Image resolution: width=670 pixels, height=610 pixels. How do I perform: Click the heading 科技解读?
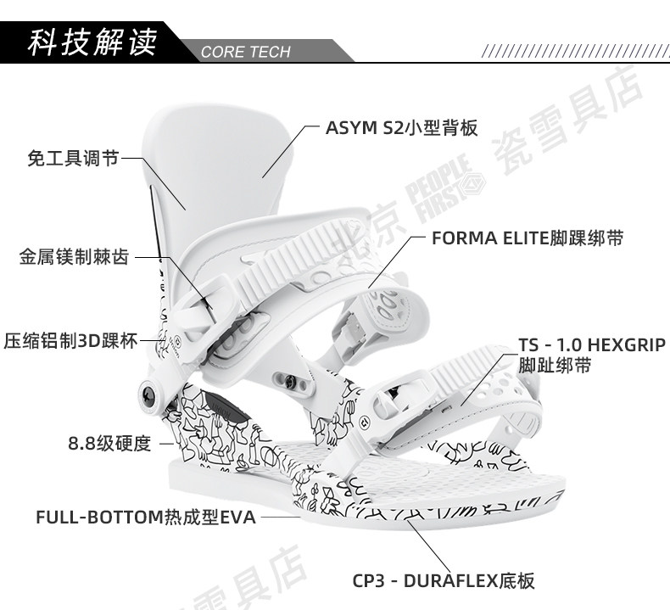92,42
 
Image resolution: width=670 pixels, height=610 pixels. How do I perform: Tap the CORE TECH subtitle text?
245,53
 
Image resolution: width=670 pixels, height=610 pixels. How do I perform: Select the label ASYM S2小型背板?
401,129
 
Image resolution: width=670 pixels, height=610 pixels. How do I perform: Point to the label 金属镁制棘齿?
75,256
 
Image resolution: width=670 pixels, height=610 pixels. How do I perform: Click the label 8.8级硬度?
109,443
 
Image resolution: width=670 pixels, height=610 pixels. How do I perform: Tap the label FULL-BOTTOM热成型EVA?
145,517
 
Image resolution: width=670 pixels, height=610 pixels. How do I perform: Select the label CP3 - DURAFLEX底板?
444,581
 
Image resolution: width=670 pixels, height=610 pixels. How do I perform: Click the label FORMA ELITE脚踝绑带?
527,238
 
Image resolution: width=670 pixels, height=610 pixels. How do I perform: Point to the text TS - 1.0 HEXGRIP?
592,346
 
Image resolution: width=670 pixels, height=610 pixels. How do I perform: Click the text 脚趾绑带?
555,367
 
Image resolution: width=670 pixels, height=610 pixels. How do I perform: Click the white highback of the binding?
221,153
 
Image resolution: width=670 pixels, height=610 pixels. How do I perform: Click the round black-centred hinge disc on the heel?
149,394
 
